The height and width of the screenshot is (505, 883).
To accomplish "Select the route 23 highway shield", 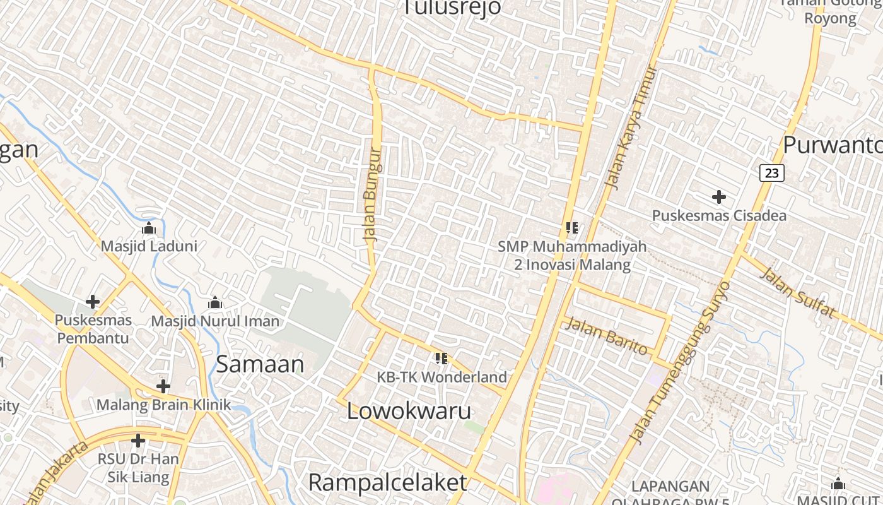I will point(771,172).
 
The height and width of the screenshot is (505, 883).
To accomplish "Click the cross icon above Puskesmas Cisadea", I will point(718,198).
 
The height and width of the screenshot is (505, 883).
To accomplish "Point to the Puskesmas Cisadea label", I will point(719,216).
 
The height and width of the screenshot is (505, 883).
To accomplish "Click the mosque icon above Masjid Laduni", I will point(149,228).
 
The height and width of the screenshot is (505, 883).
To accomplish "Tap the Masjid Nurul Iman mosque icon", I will point(215,303).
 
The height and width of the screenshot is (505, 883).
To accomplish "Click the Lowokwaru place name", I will point(409,411).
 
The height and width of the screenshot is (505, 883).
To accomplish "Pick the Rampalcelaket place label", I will point(387,483).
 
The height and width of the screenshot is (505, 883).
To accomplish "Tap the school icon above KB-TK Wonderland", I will point(441,359).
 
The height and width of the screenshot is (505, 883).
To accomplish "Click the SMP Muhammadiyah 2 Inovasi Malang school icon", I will point(572,227).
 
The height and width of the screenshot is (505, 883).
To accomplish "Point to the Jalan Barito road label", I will point(606,336).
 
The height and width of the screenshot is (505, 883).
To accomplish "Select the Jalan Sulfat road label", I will point(798,293).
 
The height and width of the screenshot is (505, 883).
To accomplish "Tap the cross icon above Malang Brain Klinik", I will point(163,386).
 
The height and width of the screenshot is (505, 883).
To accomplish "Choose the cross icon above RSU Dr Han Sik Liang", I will point(138,441).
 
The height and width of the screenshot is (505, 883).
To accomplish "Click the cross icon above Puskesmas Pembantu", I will point(93,302).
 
